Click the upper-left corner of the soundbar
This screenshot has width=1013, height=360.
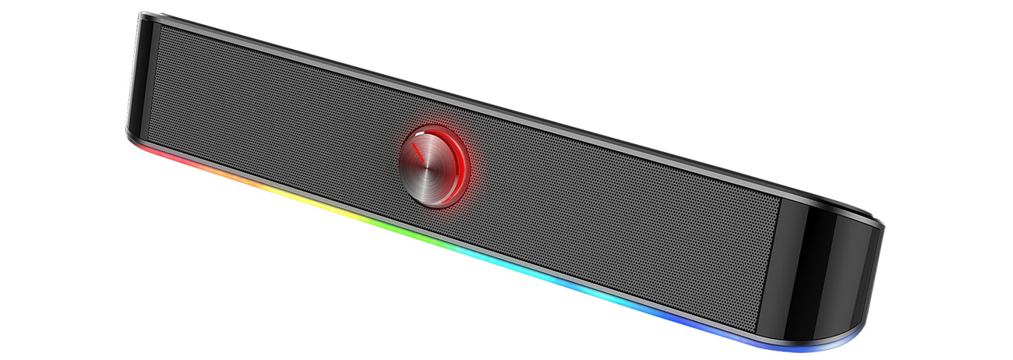[140, 15]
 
